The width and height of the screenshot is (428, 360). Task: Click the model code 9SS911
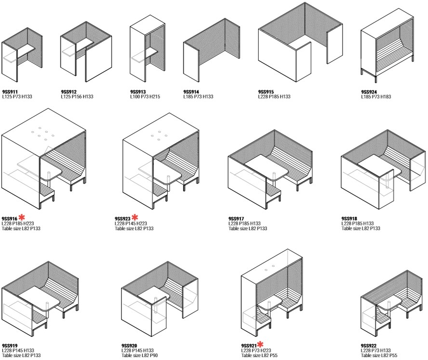coord(10,92)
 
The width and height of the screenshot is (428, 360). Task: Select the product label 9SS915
coord(266,92)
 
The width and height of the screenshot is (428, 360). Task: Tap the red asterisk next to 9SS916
coord(22,217)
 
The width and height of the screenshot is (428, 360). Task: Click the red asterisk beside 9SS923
coord(135,217)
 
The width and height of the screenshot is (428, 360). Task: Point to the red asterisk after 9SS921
coord(260,344)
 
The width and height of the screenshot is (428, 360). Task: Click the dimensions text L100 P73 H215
coord(145,97)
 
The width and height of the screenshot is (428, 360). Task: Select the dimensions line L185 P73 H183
coord(376,97)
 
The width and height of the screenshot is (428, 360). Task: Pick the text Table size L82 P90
coord(139,355)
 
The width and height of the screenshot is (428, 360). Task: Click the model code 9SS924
coord(369,92)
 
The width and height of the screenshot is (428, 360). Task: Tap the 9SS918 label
coord(349,219)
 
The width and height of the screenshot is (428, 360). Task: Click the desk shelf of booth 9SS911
coord(19,55)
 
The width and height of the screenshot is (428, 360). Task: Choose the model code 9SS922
coord(368,346)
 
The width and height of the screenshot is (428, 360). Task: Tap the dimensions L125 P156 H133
coord(77,97)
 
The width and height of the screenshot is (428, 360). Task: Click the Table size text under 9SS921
coord(259,355)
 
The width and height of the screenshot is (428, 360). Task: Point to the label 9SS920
coord(129,346)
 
